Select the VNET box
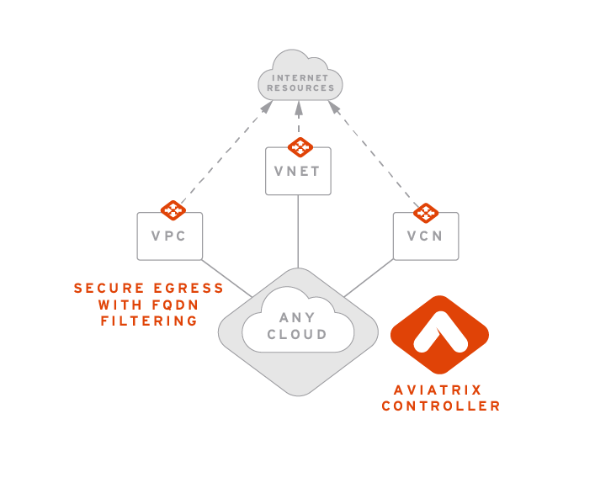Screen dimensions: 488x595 pyautogui.click(x=298, y=172)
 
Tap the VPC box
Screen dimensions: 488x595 pyautogui.click(x=169, y=236)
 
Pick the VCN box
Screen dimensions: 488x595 pyautogui.click(x=425, y=236)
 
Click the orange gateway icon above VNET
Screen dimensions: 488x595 pyautogui.click(x=299, y=147)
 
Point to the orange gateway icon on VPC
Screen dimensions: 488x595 pyautogui.click(x=173, y=210)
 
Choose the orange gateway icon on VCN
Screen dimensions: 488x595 pyautogui.click(x=426, y=212)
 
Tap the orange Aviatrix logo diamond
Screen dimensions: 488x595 pyautogui.click(x=439, y=335)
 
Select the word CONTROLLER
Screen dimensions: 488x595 pyautogui.click(x=441, y=406)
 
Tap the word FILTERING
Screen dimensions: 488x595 pyautogui.click(x=149, y=321)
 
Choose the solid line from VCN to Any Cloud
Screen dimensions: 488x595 pyautogui.click(x=369, y=278)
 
